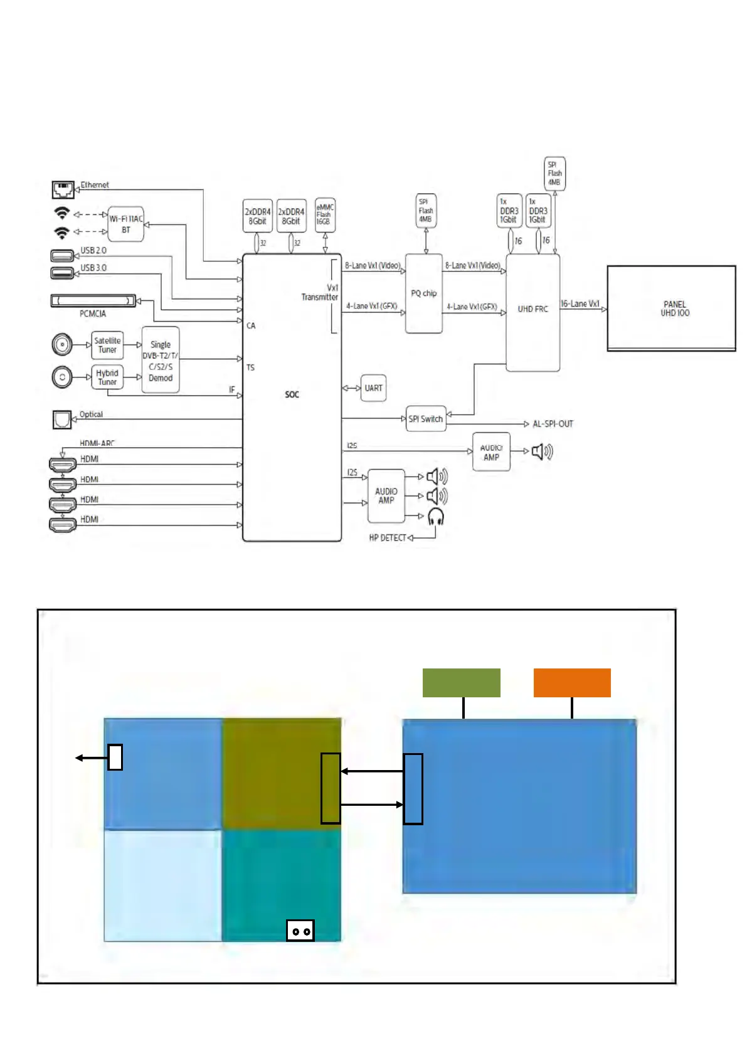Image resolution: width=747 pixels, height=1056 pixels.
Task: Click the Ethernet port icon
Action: coord(63,189)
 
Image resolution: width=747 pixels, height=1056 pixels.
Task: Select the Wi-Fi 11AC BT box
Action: coord(126,224)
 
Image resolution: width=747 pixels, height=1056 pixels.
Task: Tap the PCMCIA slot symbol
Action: coord(93,301)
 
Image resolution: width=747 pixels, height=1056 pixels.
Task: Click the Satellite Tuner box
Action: coord(107,346)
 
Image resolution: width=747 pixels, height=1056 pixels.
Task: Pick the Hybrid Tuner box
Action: coord(107,378)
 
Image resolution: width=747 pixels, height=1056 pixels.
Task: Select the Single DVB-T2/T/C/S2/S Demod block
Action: coord(161,361)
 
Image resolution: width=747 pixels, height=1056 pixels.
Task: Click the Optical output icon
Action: coord(62,420)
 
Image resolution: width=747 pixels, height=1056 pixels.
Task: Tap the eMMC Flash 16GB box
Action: coord(324,214)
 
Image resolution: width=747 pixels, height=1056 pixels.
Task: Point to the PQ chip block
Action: coord(424,293)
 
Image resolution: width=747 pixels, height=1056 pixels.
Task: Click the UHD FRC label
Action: coord(532,309)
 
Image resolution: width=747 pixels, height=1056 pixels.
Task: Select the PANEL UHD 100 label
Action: coord(674,309)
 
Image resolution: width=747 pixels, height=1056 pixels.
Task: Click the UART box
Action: coord(373,388)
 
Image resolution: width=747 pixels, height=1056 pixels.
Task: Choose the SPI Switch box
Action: coord(426,419)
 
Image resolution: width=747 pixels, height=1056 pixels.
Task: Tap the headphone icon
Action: coord(436,517)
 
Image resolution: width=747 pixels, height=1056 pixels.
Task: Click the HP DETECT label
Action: coord(388,538)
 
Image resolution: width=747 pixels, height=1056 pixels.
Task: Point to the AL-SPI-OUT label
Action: coord(553,424)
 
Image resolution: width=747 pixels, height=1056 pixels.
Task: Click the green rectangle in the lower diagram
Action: coord(461,683)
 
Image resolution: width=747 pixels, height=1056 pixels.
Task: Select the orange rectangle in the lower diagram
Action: coord(572,683)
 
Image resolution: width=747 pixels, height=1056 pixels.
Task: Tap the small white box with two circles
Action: coord(300,931)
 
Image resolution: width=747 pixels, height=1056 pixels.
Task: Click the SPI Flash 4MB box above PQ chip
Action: coord(426,211)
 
